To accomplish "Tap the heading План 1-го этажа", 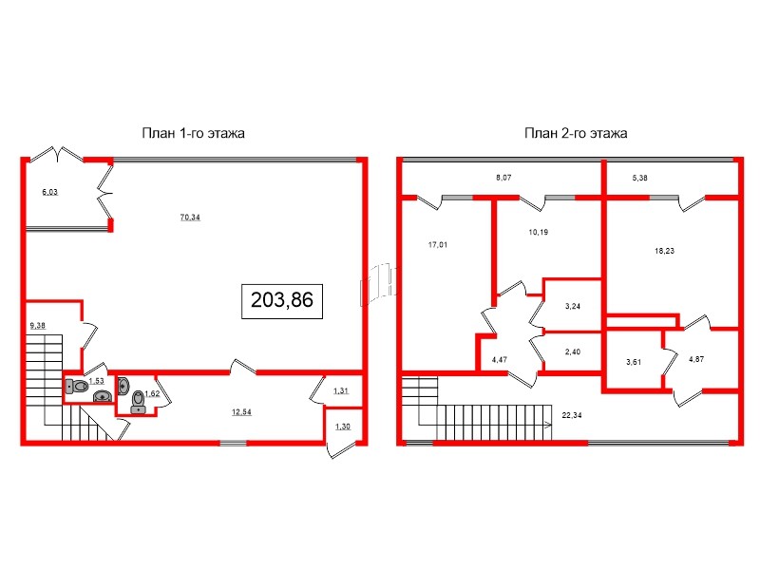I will (195, 134).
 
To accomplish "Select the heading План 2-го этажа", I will (576, 134).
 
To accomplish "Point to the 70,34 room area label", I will (191, 217).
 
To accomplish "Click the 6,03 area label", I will (49, 192).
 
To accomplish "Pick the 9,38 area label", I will (38, 326).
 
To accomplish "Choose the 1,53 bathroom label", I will (96, 381).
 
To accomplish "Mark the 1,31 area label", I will (340, 391).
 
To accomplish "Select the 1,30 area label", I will (340, 427).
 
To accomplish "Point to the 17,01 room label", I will (437, 244).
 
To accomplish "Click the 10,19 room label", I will (538, 231).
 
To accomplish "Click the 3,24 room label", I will (573, 306).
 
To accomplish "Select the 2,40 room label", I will (573, 352).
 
